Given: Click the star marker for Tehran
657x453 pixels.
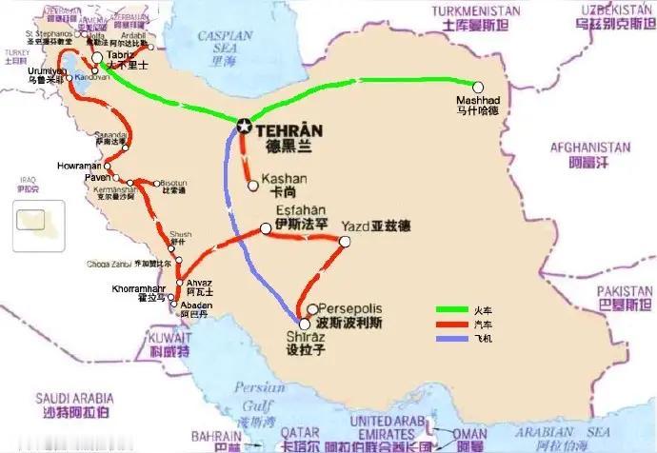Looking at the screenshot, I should [x=244, y=126].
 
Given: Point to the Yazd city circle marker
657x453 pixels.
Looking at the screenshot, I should [x=345, y=242].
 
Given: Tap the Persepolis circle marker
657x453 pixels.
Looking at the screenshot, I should [x=313, y=309].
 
